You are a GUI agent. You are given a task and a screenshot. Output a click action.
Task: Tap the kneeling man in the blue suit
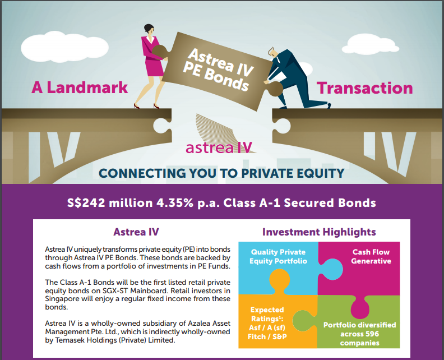coord(294,79)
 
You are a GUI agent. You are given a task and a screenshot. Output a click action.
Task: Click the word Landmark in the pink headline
coord(87,87)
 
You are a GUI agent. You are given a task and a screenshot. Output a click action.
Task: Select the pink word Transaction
coord(365,88)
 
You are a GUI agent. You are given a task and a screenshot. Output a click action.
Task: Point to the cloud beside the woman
coord(64,47)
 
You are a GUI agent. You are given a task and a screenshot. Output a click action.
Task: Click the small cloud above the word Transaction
coord(371,45)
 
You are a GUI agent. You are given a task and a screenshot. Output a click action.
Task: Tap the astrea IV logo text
coord(219,147)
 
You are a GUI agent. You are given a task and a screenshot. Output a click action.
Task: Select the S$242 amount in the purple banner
coord(86,203)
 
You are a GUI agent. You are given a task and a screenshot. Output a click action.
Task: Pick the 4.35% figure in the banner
coord(175,203)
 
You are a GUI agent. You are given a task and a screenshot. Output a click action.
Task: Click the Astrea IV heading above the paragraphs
coord(136,232)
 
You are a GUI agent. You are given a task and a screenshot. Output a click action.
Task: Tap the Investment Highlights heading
coord(319,232)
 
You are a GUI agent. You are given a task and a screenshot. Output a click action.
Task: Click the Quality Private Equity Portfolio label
coord(278,256)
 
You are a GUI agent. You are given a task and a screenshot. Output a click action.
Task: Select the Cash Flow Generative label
coord(371,256)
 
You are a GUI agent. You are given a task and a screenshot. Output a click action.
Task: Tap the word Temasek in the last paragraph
coord(68,340)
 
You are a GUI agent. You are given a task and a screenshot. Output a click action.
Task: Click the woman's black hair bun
coord(149,29)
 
